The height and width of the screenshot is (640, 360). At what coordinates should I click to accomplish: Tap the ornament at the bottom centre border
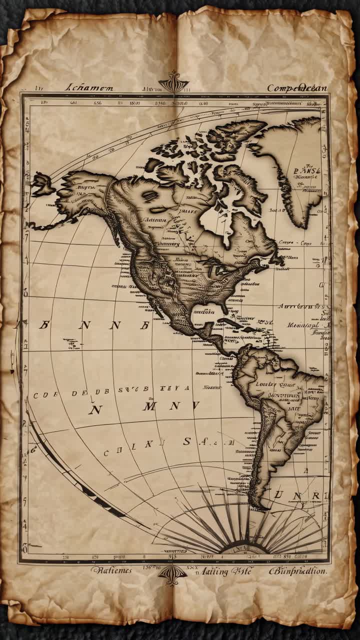[172, 574]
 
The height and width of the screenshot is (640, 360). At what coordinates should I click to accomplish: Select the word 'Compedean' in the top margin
[296, 88]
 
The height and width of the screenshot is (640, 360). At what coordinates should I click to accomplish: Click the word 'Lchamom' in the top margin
[90, 88]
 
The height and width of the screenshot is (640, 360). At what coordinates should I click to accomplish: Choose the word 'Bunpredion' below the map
[298, 570]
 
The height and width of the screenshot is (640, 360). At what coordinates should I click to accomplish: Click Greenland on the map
[295, 165]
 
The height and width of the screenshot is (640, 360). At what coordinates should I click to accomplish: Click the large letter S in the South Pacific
[187, 441]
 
